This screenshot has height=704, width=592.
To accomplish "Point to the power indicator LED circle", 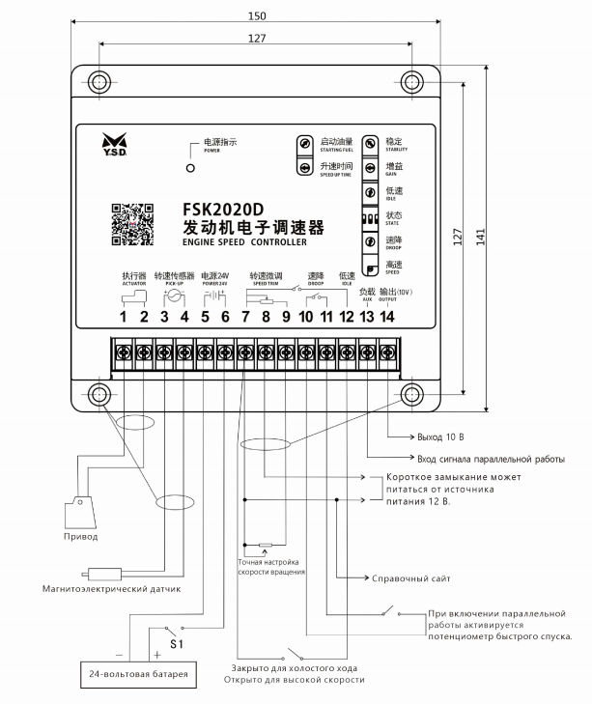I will pyautogui.click(x=190, y=168).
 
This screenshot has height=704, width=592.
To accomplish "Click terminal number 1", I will pyautogui.click(x=124, y=318).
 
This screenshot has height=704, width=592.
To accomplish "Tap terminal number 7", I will pyautogui.click(x=245, y=318).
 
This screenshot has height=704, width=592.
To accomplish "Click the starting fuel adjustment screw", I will pyautogui.click(x=304, y=143).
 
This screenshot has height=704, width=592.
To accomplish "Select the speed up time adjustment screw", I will pyautogui.click(x=304, y=168).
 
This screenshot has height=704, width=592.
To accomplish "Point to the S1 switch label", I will pyautogui.click(x=176, y=642).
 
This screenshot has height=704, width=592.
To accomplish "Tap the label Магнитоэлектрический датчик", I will pyautogui.click(x=110, y=586).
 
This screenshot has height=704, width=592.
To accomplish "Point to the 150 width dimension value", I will pyautogui.click(x=256, y=15).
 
